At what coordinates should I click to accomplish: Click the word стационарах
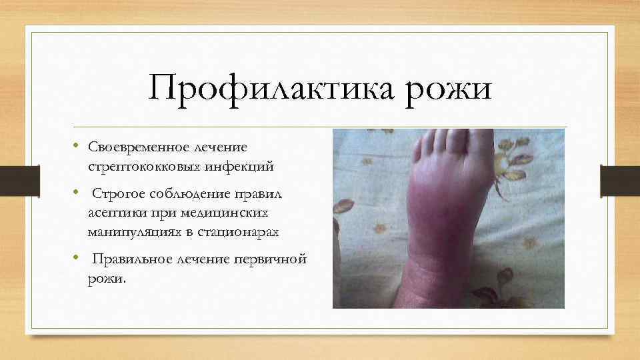pyautogui.click(x=242, y=233)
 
